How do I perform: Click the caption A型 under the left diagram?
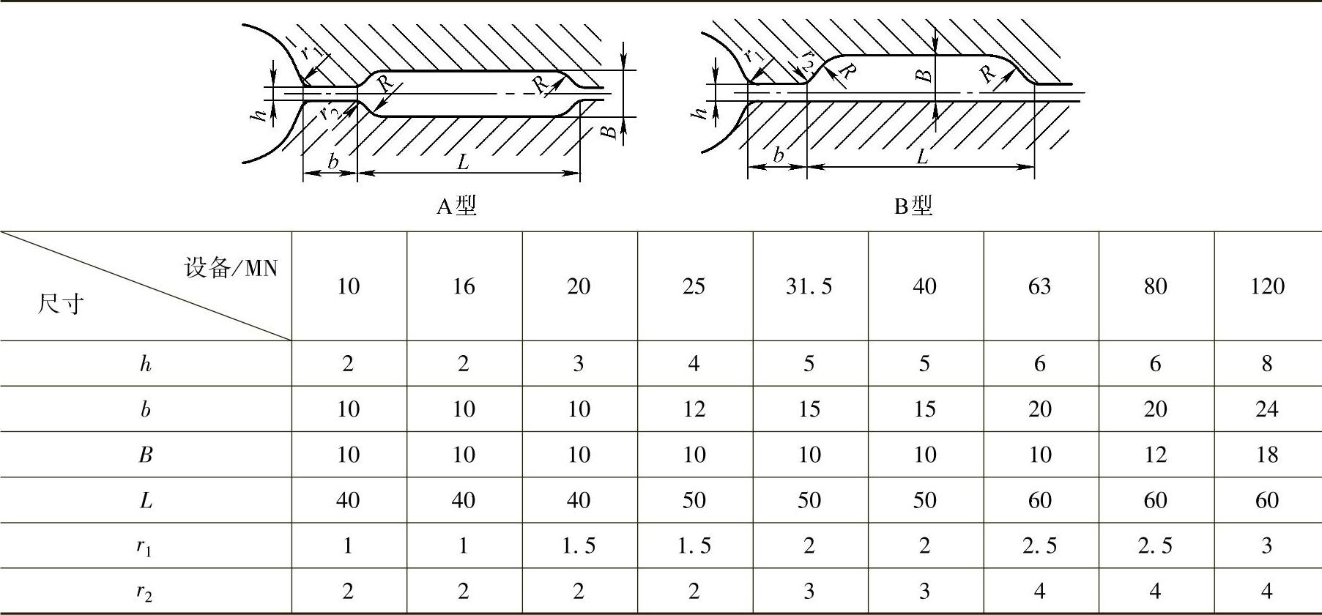[x=456, y=206]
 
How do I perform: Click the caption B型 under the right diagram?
[x=913, y=206]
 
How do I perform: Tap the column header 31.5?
[x=809, y=286]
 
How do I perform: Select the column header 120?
[x=1267, y=286]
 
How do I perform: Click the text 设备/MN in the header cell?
[x=231, y=268]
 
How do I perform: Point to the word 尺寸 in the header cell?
[x=61, y=302]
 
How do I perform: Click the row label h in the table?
[x=145, y=364]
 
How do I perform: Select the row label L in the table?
[x=145, y=500]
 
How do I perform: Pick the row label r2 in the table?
[x=145, y=592]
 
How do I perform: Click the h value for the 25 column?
[x=694, y=364]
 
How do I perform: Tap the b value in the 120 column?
[x=1267, y=409]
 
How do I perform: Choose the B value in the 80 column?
[x=1155, y=455]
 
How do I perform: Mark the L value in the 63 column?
[x=1039, y=500]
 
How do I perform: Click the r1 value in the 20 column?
[x=579, y=545]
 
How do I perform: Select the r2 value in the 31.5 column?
[x=809, y=591]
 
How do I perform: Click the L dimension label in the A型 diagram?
[x=463, y=162]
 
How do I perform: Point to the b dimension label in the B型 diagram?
[x=778, y=155]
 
